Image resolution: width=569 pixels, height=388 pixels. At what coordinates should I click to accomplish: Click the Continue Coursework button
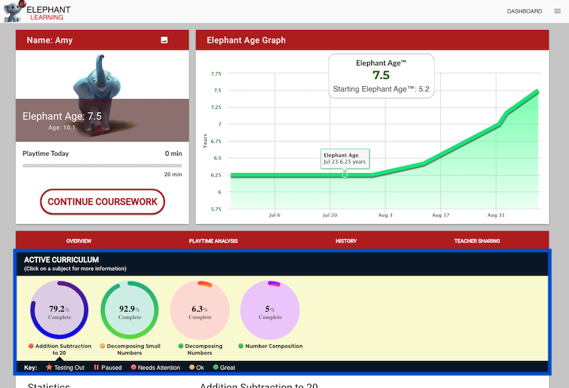click(102, 201)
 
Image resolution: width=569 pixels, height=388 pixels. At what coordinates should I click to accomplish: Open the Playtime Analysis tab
click(213, 241)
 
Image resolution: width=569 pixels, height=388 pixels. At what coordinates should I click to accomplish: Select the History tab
click(346, 241)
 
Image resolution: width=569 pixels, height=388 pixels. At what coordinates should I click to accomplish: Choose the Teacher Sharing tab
click(477, 241)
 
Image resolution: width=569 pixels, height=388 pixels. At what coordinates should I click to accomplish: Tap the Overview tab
click(79, 241)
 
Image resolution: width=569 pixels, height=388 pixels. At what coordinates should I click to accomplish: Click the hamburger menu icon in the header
click(558, 11)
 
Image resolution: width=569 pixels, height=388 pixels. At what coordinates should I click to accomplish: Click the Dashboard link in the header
click(524, 11)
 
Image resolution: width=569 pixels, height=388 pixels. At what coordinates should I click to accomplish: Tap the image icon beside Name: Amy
click(164, 40)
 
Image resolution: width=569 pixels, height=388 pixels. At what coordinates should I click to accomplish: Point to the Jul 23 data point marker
click(345, 174)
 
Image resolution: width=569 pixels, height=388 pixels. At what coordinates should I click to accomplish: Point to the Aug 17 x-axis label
click(440, 215)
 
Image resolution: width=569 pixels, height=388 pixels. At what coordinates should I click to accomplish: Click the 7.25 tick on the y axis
click(216, 108)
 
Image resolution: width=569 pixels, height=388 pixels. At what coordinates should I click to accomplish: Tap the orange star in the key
click(49, 367)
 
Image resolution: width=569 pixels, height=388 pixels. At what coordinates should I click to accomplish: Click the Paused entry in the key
click(108, 367)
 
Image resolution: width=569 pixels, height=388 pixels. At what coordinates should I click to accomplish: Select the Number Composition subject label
click(274, 346)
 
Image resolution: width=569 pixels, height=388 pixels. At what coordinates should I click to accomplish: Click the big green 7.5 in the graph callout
click(381, 75)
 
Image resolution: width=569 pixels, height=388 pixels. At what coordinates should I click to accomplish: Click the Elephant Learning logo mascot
click(14, 11)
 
